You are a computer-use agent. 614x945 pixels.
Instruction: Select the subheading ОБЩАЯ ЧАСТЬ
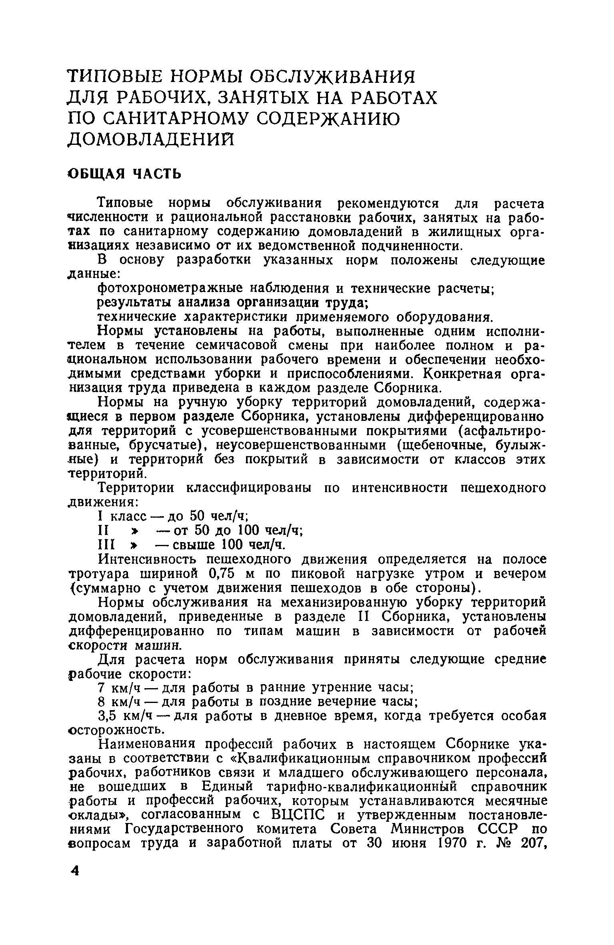point(124,174)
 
